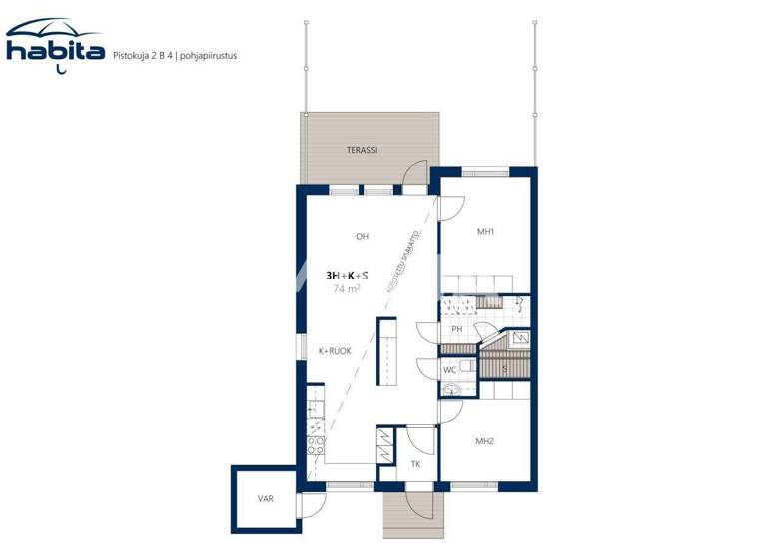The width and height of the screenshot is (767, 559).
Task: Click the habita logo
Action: coord(55,44)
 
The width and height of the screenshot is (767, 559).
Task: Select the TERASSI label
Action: coord(361,150)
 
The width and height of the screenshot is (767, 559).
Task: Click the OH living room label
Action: coord(362,237)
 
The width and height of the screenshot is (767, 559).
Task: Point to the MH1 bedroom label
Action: coord(486,232)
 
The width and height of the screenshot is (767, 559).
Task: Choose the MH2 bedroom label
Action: coord(485,440)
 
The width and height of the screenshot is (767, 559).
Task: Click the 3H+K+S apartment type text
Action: coord(347,275)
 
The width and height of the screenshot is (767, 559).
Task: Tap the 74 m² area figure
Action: coord(347,289)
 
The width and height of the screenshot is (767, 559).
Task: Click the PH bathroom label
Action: coord(456,329)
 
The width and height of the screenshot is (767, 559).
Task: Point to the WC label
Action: coord(450,370)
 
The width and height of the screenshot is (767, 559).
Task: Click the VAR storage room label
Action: coord(265,498)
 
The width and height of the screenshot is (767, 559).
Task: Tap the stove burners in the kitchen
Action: coord(315,445)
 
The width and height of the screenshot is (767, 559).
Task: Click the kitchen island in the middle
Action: coord(385,350)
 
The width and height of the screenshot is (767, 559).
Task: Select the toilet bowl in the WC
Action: coord(454,390)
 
